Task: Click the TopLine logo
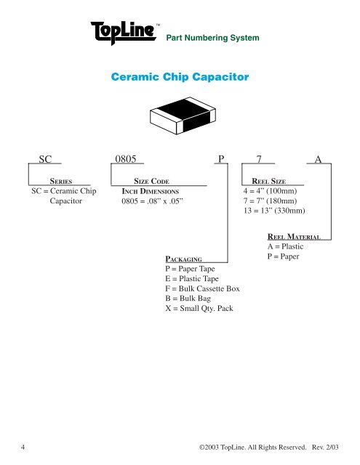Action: click(x=124, y=32)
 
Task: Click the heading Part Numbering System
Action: click(x=213, y=37)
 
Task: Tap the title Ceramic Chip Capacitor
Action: click(x=179, y=76)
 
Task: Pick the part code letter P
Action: click(x=221, y=159)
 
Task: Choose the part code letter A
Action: click(x=318, y=159)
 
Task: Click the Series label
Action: click(x=59, y=182)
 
